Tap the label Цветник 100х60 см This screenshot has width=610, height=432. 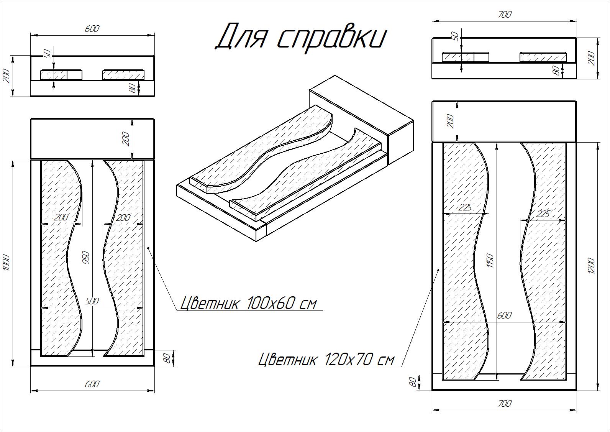(249, 303)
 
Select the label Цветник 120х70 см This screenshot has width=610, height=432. (326, 359)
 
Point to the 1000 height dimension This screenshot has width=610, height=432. (7, 263)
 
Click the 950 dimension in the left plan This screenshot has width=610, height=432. (86, 258)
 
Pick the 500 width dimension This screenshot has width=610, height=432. (92, 301)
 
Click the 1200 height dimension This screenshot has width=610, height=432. (591, 266)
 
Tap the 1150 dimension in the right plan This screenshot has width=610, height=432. (490, 260)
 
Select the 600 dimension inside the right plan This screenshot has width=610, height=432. (504, 315)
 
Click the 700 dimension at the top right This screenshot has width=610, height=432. (505, 15)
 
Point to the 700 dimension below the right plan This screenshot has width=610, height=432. (505, 403)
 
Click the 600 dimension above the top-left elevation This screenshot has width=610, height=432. (92, 29)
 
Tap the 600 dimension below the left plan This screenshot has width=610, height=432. (92, 384)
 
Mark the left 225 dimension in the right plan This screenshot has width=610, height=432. (466, 207)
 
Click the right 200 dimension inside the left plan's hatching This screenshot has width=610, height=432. (123, 217)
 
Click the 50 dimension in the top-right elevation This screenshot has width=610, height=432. (455, 36)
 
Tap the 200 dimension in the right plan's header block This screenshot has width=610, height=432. (451, 121)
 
